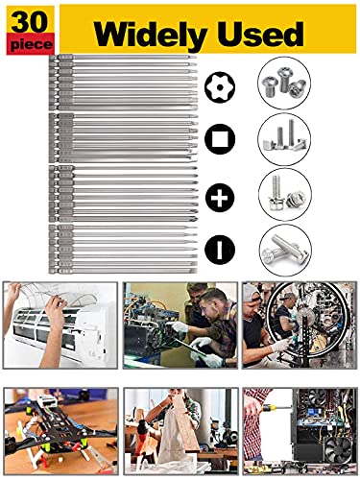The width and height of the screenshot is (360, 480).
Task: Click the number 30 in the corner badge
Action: click(x=30, y=21)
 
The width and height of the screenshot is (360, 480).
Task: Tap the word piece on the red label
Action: click(x=31, y=44)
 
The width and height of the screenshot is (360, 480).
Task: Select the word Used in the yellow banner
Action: click(x=260, y=34)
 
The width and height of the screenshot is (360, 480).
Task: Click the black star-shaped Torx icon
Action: click(x=220, y=87)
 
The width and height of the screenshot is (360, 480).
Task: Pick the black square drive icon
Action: click(x=220, y=139)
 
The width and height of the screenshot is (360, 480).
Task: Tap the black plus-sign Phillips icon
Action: click(x=220, y=198)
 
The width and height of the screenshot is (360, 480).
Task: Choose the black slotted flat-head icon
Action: click(x=220, y=250)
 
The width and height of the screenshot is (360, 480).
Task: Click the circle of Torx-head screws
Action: click(x=283, y=83)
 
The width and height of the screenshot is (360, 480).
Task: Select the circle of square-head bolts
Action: click(x=283, y=139)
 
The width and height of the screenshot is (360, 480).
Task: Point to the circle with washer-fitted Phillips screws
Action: click(x=285, y=194)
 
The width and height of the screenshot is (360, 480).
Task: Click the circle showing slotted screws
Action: click(x=285, y=251)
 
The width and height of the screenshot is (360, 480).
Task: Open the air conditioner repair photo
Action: click(x=60, y=325)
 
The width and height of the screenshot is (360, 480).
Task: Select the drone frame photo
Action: click(x=60, y=431)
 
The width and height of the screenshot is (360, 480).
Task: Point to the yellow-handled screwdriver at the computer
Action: click(x=276, y=408)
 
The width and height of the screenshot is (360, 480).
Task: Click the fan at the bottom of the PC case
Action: click(x=338, y=448)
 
